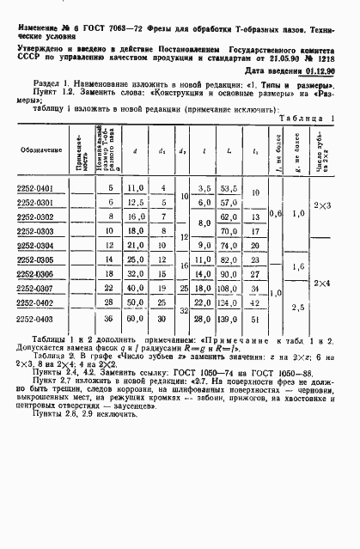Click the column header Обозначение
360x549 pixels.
tap(34, 150)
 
